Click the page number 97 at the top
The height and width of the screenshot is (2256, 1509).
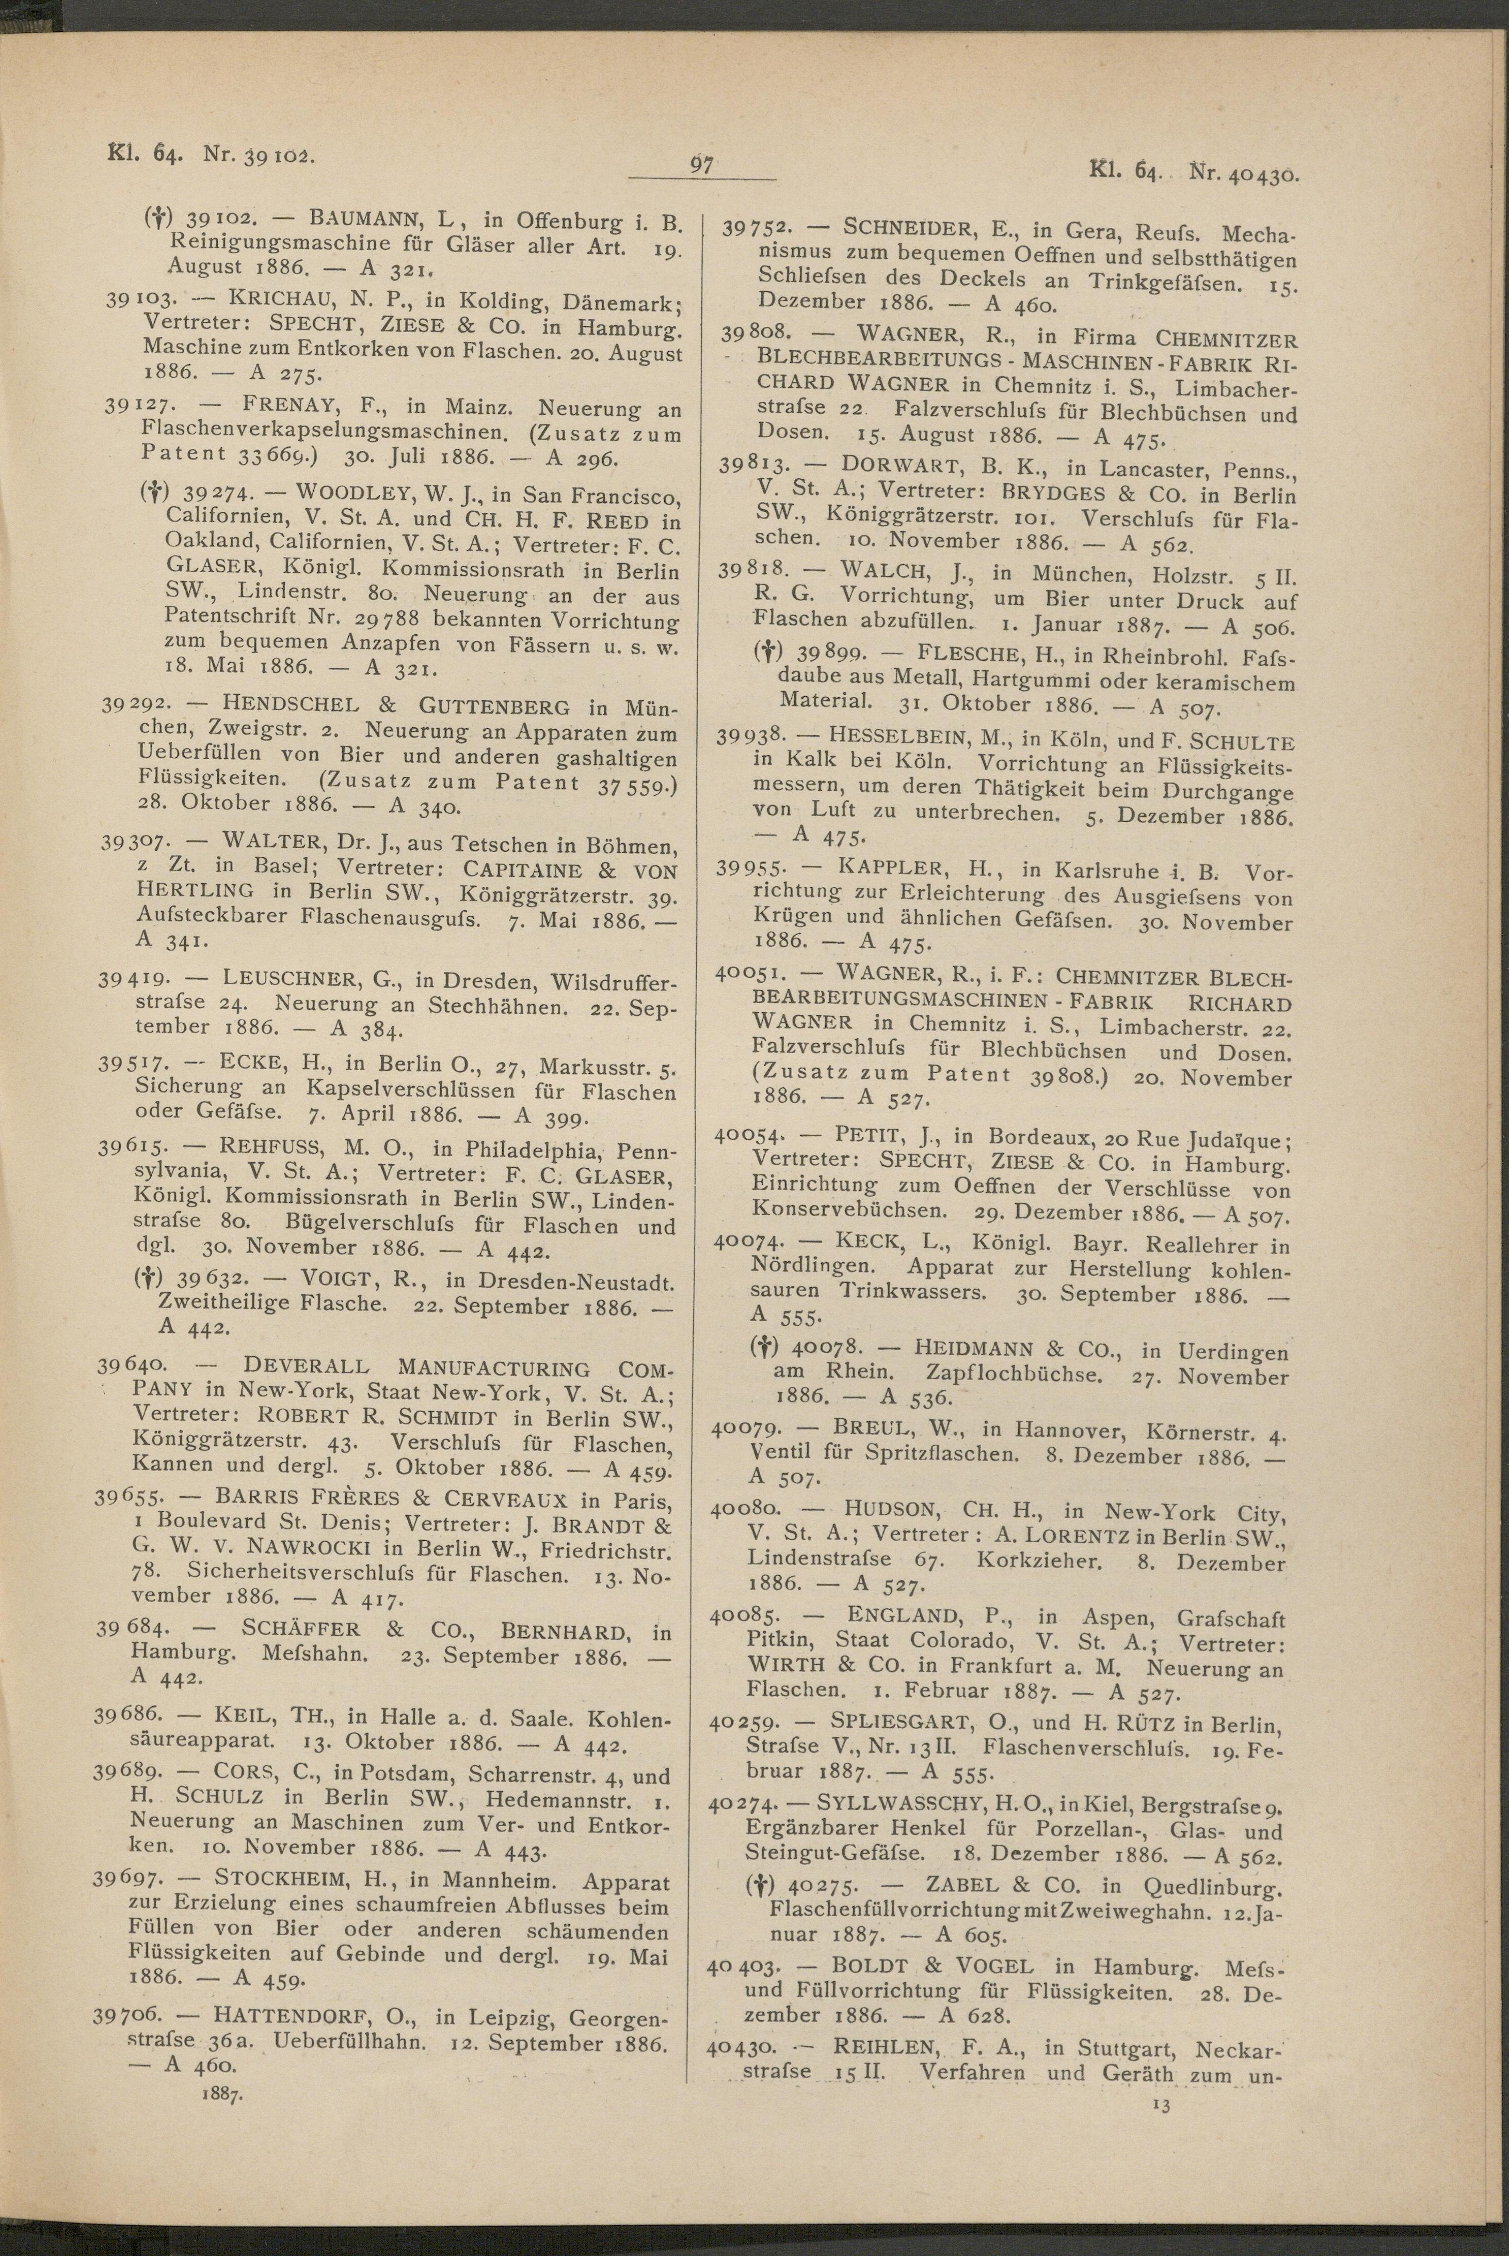(x=701, y=165)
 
